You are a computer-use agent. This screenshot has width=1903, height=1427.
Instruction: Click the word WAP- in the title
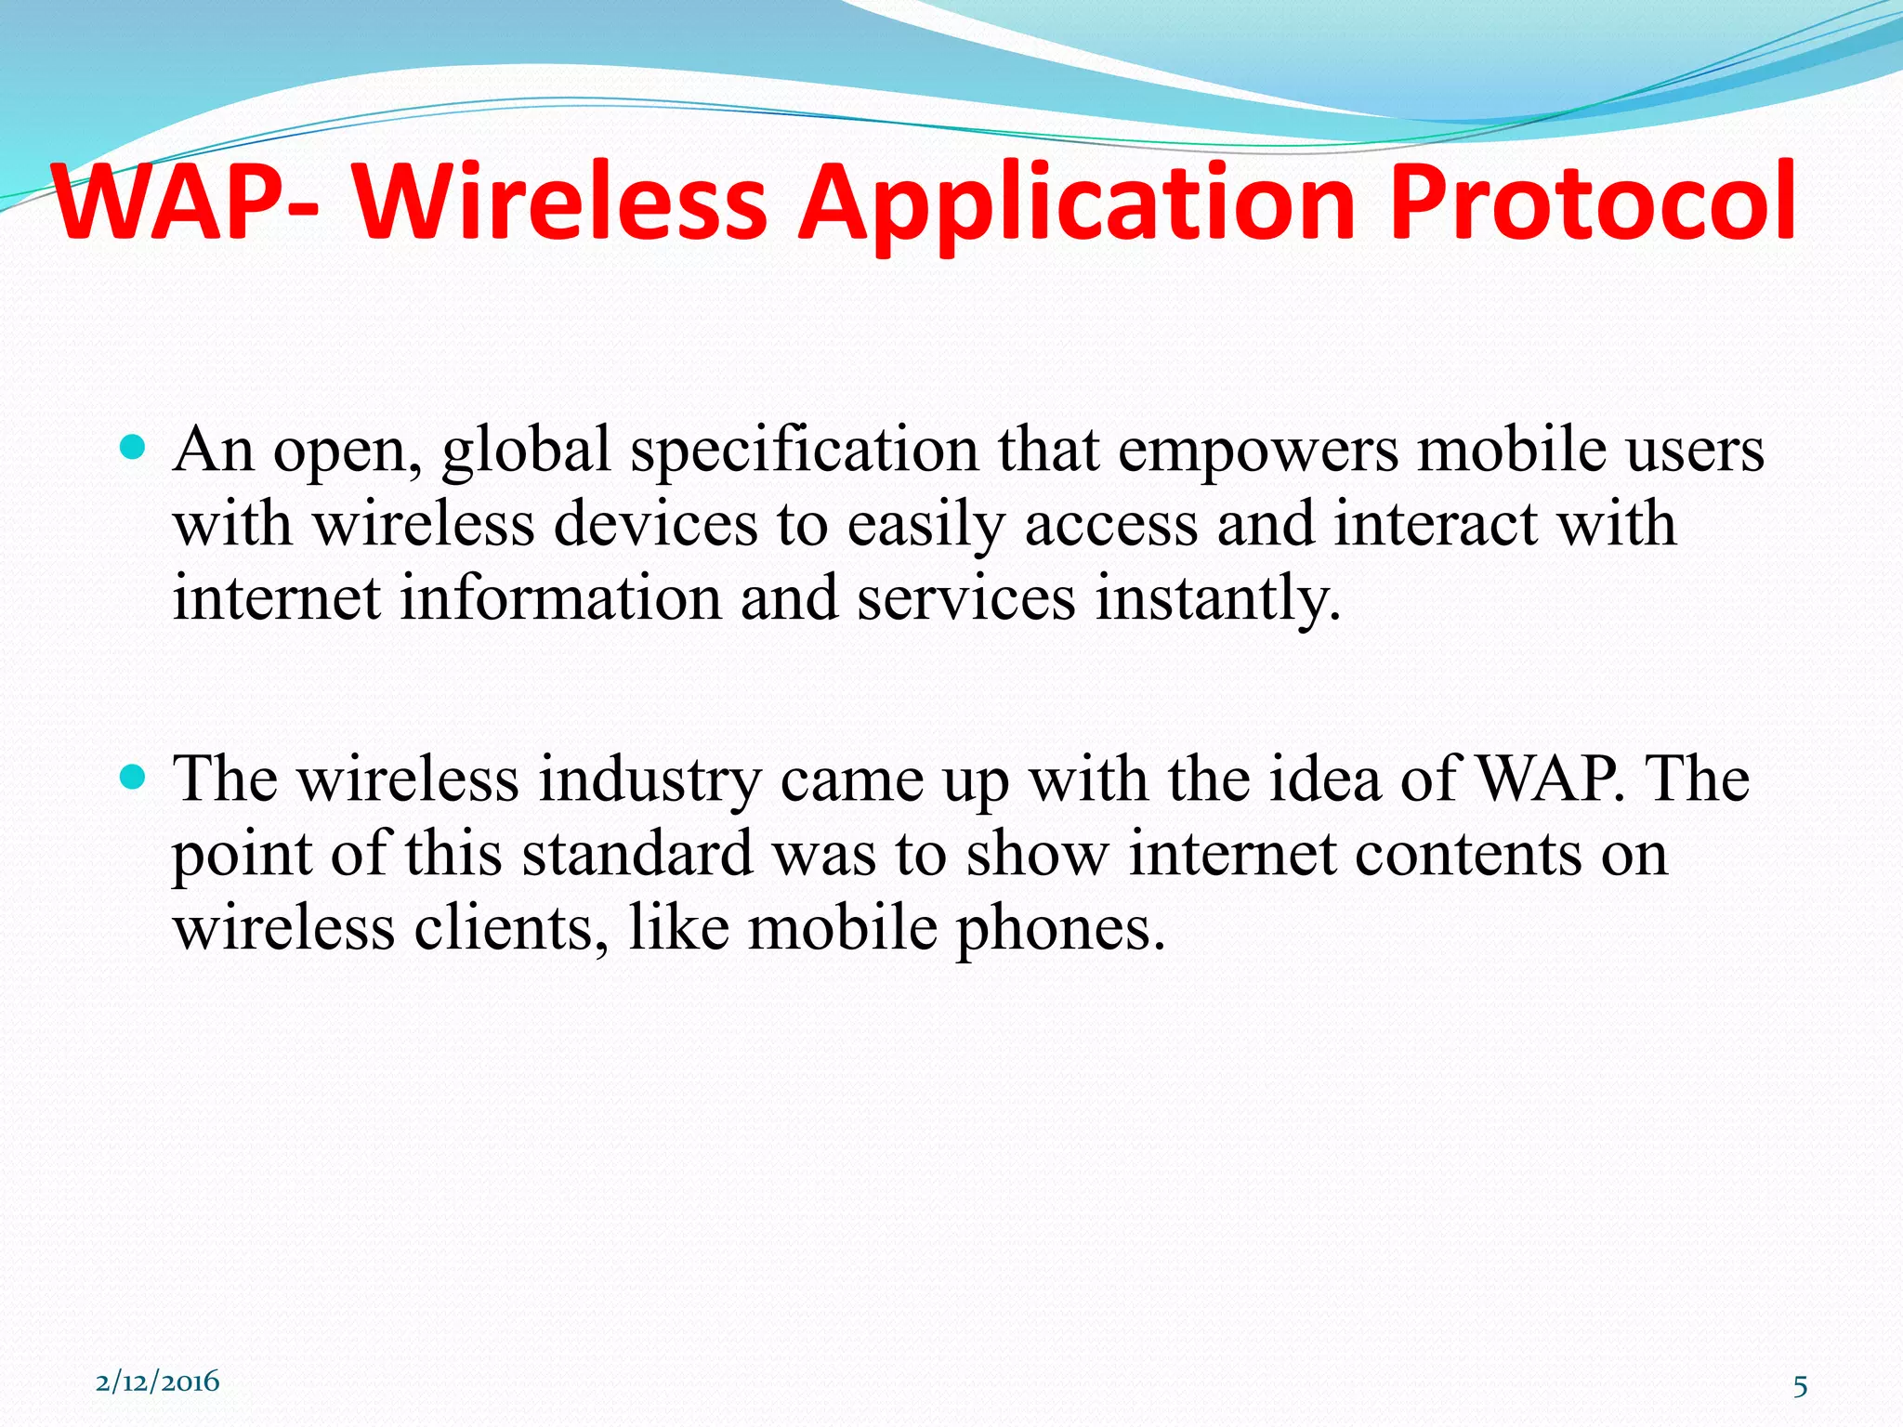coord(186,203)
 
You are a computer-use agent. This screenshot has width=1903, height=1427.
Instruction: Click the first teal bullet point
coord(134,450)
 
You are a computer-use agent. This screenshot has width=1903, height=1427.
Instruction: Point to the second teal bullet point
coord(134,777)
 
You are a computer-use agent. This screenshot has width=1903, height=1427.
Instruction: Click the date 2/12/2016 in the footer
coord(158,1381)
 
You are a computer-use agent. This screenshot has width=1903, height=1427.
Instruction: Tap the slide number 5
coord(1800,1386)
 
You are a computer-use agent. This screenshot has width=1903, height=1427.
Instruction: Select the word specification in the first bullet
coord(805,451)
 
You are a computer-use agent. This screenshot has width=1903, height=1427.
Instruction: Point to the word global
coord(526,451)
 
